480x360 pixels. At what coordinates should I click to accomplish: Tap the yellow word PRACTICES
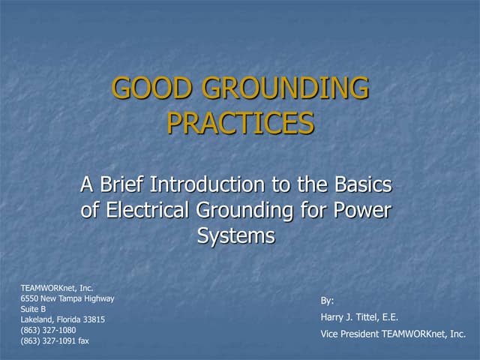[240, 123]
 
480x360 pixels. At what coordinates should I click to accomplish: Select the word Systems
[236, 235]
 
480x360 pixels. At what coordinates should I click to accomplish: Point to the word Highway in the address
[98, 298]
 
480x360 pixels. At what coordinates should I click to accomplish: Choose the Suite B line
[33, 309]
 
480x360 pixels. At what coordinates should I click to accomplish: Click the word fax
[83, 340]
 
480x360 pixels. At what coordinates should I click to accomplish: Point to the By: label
[327, 301]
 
